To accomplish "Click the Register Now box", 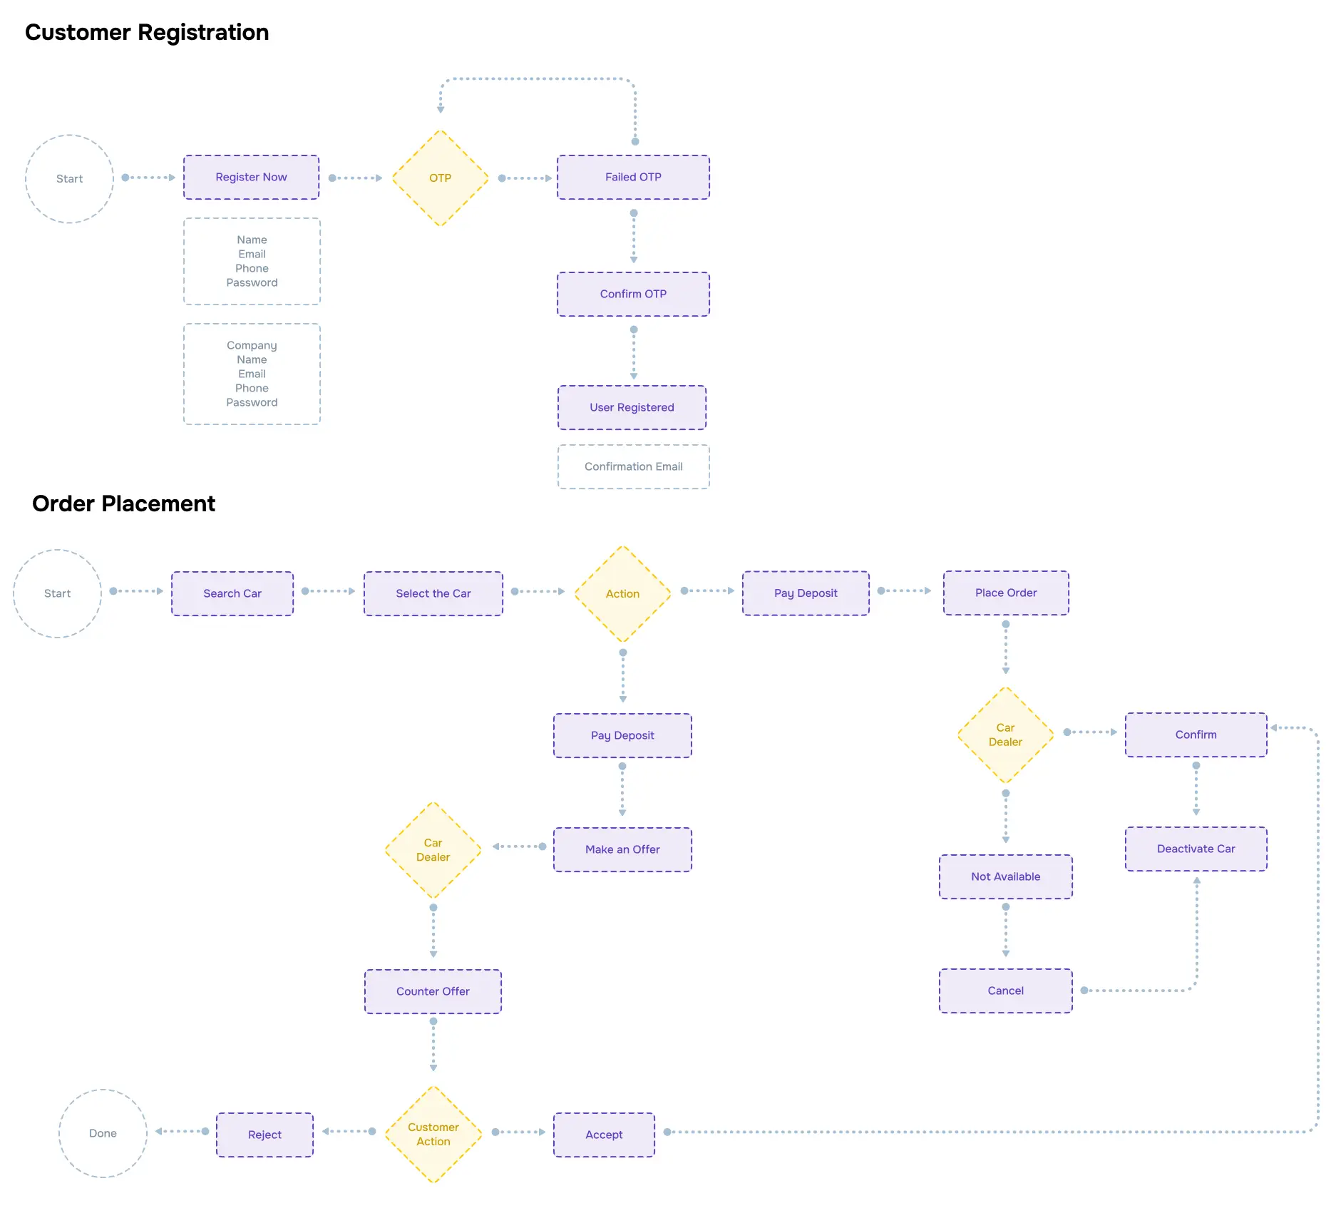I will (251, 177).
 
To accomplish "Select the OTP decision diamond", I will (441, 178).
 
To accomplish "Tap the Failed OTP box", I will (633, 177).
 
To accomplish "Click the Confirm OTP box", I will (633, 294).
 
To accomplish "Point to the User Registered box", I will (632, 407).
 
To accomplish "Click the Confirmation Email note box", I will (633, 466).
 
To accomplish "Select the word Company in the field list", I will (252, 345).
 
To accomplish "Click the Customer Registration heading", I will (147, 33).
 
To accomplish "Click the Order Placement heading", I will (123, 503).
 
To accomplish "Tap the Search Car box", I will (232, 593).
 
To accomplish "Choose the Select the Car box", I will (433, 593).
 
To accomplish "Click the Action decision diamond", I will (622, 593).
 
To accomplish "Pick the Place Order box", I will (1006, 593).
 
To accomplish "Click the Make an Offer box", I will (622, 849).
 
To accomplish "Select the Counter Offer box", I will (433, 991).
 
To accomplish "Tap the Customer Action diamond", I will (433, 1134).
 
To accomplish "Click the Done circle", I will (103, 1133).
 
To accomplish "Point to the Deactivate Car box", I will (1196, 849).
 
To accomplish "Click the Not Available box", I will (1005, 876).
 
